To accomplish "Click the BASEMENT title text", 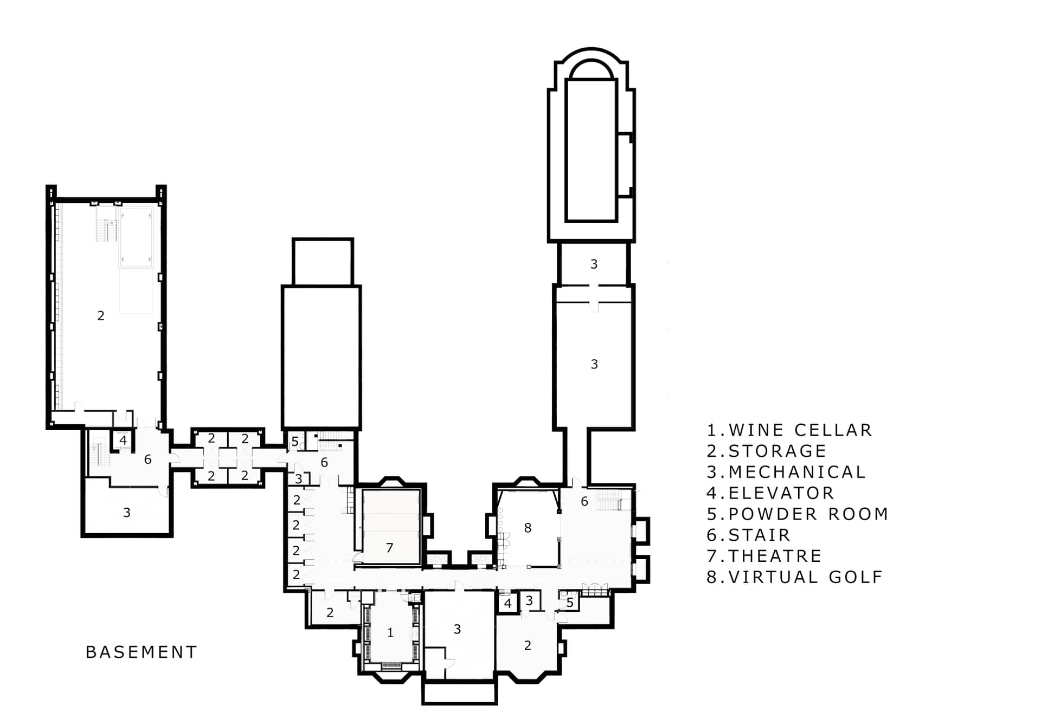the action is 142,652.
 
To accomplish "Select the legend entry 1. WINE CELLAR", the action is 789,430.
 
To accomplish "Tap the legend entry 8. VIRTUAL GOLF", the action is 795,577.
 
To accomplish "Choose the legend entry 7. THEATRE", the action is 764,556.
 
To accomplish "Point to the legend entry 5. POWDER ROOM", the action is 798,514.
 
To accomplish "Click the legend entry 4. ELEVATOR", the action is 770,493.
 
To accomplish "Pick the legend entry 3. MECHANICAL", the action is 786,472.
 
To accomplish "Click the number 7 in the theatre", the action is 389,548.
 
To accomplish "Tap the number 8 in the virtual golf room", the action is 528,528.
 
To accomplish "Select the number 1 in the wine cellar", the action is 390,632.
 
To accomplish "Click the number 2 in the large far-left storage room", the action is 101,315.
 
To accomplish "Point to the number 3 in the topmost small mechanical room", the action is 594,264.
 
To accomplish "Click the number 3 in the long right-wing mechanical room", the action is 594,364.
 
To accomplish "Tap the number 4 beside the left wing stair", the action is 123,440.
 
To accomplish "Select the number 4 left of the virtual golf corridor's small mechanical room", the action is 507,603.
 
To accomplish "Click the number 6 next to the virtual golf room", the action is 584,501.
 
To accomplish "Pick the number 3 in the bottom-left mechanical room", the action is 126,512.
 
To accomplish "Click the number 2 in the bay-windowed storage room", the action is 528,645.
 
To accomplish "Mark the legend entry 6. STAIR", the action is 749,535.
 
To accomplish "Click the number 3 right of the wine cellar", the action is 457,629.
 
